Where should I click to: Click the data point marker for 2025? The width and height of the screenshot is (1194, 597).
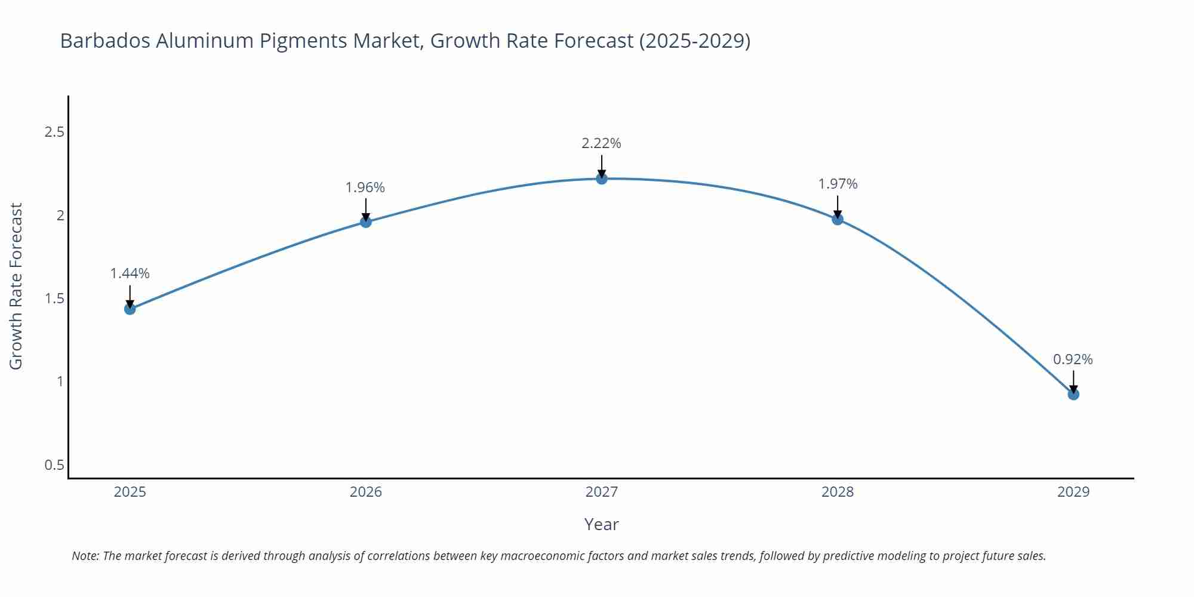coord(130,309)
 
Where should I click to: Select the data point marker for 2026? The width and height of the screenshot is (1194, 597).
coord(365,222)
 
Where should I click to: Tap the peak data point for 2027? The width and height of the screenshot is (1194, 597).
coord(601,179)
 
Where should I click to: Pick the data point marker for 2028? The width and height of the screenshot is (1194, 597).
coord(837,219)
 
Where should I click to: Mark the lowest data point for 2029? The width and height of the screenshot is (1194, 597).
coord(1073,394)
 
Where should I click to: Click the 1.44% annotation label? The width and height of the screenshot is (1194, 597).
coord(130,273)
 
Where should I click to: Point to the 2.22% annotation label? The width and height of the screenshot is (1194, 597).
coord(601,143)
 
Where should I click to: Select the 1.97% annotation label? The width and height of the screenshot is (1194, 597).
coord(837,184)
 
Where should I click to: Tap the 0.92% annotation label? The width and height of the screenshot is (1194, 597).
coord(1073,359)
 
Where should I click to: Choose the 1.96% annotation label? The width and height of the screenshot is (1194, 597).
coord(365,187)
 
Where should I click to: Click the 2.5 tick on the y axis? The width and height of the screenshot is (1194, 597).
coord(54,132)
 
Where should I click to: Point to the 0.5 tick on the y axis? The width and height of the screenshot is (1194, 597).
coord(54,464)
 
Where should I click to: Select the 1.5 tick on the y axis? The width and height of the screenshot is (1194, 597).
coord(54,298)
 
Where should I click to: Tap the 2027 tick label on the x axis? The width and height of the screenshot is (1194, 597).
coord(601,492)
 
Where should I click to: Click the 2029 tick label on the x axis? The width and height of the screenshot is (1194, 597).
coord(1073,492)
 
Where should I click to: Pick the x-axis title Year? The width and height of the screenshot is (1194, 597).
coord(601,524)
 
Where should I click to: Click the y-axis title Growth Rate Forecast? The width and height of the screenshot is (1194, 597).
coord(16,287)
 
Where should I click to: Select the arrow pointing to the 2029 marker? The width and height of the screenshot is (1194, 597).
coord(1073,381)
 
